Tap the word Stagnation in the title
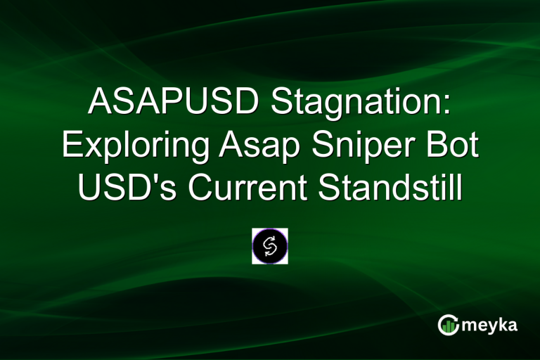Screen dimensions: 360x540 pyautogui.click(x=359, y=105)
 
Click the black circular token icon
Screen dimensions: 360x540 pyautogui.click(x=270, y=246)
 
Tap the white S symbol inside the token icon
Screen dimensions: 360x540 pyautogui.click(x=270, y=246)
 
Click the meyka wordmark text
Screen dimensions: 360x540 pyautogui.click(x=490, y=324)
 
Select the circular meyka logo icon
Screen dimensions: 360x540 pyautogui.click(x=448, y=324)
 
